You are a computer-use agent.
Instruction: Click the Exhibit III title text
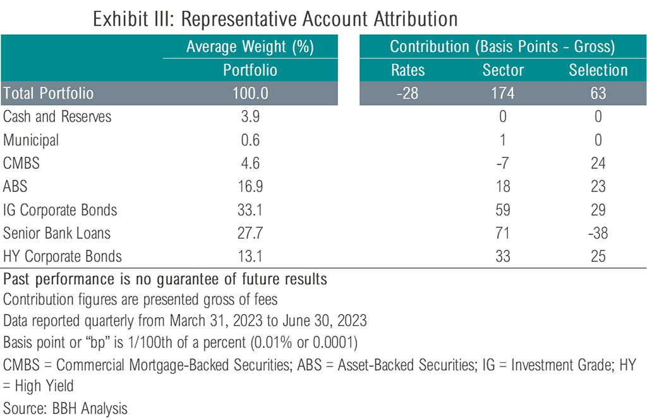[275, 19]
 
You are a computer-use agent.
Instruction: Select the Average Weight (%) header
[250, 47]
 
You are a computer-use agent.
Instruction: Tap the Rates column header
[408, 70]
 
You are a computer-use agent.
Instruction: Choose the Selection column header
[598, 70]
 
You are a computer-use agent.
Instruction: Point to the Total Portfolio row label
[49, 94]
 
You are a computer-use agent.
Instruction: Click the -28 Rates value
[408, 94]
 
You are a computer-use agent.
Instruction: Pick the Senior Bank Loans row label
[57, 233]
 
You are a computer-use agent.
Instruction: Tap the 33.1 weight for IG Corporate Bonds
[250, 210]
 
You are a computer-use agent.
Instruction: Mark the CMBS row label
[21, 163]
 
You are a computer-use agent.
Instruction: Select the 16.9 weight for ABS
[250, 187]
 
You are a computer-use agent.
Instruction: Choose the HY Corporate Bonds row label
[63, 257]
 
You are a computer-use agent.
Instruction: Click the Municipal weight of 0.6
[250, 140]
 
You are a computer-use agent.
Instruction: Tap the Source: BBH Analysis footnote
[66, 408]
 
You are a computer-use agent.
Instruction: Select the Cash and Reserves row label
[57, 116]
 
